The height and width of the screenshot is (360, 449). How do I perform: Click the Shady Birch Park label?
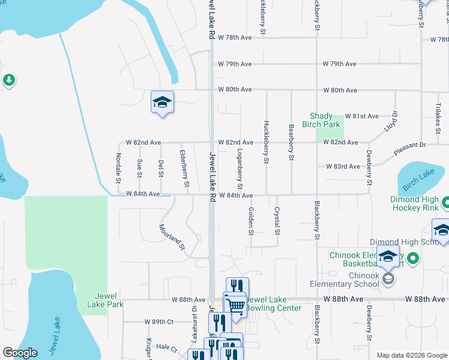[x=325, y=120]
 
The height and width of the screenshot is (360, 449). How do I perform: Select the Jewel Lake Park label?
[x=109, y=300]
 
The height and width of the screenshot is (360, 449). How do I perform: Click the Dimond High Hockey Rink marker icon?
[x=445, y=203]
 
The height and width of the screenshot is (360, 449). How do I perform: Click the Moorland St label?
[x=172, y=236]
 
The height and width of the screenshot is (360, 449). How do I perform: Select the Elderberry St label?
[x=184, y=164]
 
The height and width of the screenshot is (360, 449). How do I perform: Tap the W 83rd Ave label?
[x=342, y=166]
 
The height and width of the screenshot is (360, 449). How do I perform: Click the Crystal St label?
[x=277, y=221]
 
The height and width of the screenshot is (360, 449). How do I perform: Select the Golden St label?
[x=251, y=221]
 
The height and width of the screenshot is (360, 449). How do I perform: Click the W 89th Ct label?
[x=159, y=322]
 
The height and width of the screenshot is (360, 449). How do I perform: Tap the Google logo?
[x=20, y=353]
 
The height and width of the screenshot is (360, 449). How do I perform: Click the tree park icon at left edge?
[x=8, y=80]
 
